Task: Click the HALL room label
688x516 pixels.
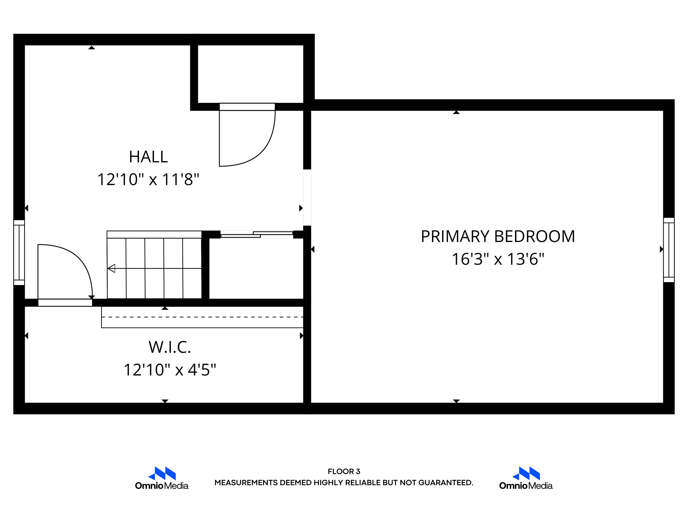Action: [148, 157]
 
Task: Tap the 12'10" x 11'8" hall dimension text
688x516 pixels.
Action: [148, 179]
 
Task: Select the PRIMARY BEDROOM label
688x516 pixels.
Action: [498, 236]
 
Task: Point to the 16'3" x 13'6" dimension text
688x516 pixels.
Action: [498, 259]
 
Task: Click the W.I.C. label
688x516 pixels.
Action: [170, 347]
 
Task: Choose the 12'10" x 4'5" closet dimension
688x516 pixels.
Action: [170, 370]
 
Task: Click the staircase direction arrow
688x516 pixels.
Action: [112, 268]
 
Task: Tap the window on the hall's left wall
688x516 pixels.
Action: [19, 253]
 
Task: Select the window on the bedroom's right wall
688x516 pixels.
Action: [669, 250]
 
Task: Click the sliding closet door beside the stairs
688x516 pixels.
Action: [257, 234]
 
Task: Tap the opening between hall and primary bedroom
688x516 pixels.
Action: [307, 198]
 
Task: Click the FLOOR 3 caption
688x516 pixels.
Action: [344, 472]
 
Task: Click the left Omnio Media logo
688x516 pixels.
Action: [162, 478]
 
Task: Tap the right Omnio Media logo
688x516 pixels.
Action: [526, 478]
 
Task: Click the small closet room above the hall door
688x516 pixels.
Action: [250, 74]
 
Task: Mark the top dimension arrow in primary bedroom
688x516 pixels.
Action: [456, 113]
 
